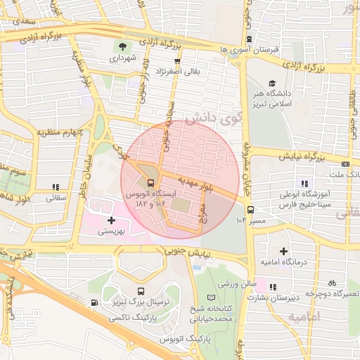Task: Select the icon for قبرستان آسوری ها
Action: [251, 39]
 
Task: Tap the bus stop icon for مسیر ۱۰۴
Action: [250, 209]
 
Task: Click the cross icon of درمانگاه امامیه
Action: [283, 251]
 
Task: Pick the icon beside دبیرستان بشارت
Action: [273, 286]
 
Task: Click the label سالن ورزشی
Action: [235, 285]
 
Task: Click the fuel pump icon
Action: [95, 303]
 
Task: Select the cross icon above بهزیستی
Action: [111, 220]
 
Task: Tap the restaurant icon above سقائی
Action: [55, 187]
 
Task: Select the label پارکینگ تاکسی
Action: [133, 319]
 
